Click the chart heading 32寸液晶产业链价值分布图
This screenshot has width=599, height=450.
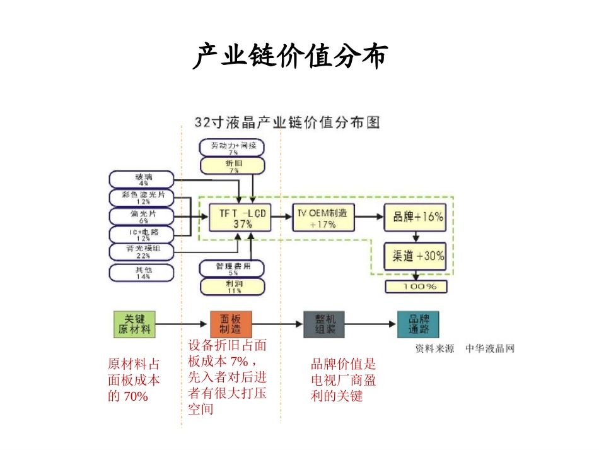coord(287,122)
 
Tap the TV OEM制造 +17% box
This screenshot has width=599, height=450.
coord(323,218)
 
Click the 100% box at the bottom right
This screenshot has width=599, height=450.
coord(417,287)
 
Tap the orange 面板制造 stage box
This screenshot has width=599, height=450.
coord(230,324)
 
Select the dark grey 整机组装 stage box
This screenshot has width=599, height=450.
coord(323,324)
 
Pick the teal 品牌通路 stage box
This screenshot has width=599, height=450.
coord(418,324)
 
